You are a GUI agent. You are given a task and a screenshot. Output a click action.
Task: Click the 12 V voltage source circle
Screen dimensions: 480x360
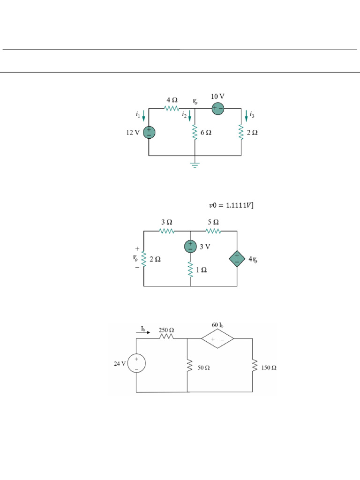click(149, 133)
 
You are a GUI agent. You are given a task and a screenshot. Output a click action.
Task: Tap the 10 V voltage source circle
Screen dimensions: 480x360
click(217, 109)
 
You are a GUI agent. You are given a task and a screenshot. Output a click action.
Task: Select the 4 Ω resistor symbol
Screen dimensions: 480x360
click(172, 109)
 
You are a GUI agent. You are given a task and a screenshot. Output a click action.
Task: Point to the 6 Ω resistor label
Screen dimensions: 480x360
click(206, 133)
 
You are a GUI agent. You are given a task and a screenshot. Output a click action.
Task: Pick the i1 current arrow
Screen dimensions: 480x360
click(144, 115)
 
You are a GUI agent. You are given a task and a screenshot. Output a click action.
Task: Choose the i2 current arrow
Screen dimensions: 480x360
click(190, 115)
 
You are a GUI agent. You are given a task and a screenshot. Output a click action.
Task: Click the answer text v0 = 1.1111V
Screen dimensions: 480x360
click(232, 205)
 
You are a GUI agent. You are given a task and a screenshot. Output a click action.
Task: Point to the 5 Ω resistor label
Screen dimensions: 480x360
click(213, 222)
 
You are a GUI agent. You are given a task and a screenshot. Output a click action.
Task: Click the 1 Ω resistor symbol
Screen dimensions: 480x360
click(190, 270)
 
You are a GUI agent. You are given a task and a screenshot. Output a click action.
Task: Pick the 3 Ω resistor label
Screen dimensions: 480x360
click(167, 222)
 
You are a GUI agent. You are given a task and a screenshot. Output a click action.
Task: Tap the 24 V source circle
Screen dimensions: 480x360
click(136, 363)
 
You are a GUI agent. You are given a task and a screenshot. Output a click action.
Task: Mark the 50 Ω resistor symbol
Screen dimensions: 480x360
click(187, 365)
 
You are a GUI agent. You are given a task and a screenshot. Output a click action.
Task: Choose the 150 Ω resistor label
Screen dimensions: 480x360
click(269, 368)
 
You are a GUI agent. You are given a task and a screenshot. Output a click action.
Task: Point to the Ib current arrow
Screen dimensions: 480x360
click(145, 334)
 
